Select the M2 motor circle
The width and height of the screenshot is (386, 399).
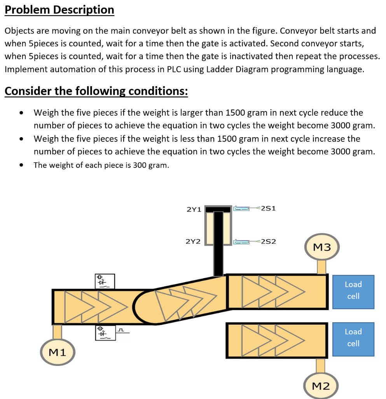click(x=320, y=386)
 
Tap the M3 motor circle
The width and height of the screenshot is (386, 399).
click(x=321, y=247)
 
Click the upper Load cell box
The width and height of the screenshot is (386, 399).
click(x=353, y=290)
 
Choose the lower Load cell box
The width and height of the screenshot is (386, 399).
click(x=353, y=338)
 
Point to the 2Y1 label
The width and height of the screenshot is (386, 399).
click(x=194, y=210)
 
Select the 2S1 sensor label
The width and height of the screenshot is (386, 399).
click(x=268, y=208)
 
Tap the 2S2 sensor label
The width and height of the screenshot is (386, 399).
click(x=268, y=241)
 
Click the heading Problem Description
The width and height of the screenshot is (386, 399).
click(x=59, y=10)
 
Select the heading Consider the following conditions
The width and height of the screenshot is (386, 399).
click(x=96, y=91)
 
